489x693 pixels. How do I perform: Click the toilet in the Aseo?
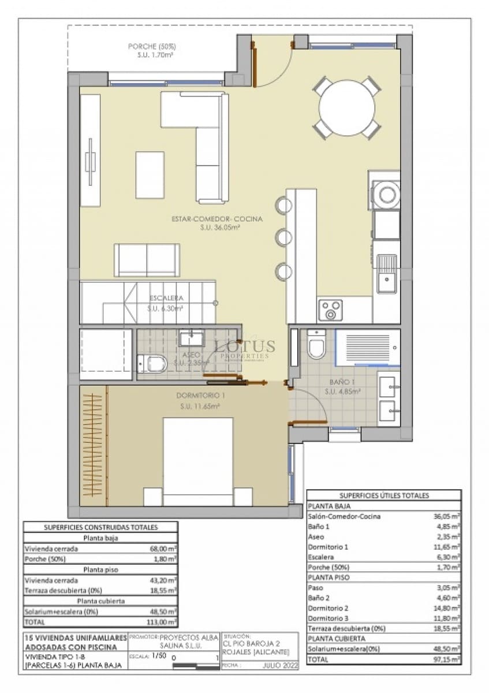point(154,364)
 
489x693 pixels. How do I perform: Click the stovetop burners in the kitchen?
point(330,310)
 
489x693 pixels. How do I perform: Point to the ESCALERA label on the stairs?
point(166,298)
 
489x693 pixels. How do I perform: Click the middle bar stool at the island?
point(283,237)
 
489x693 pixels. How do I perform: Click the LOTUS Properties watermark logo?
point(245,348)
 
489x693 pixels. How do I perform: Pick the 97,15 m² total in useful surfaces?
point(448,659)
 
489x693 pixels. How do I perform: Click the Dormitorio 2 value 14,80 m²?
point(448,608)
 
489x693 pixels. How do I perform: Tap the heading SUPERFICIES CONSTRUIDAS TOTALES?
point(101,527)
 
